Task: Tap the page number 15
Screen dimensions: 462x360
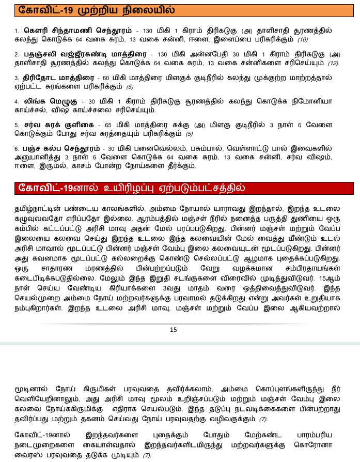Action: coord(173,330)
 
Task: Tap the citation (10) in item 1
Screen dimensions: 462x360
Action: coord(302,39)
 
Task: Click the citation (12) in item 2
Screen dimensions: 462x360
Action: coord(332,63)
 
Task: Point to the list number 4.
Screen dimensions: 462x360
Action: coord(17,101)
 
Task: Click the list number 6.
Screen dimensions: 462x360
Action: coord(17,148)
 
